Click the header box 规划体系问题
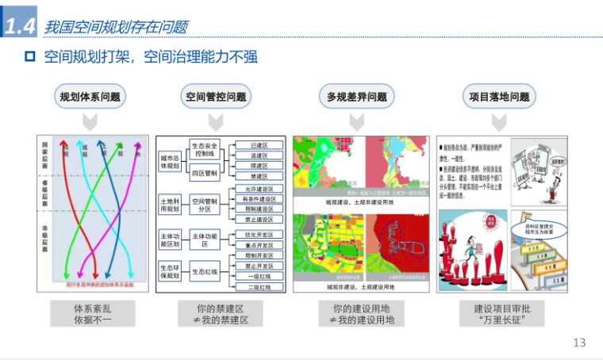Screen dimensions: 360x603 [x=90, y=98]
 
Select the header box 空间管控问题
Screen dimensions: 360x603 [x=216, y=98]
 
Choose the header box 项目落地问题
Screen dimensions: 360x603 [x=497, y=98]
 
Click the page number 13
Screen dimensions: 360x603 [x=578, y=343]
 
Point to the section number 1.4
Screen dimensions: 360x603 [x=20, y=26]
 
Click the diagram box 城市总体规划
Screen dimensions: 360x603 [x=170, y=162]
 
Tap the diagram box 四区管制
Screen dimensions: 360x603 [x=204, y=172]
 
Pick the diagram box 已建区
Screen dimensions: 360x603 [x=259, y=146]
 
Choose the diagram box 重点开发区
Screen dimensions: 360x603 [x=259, y=245]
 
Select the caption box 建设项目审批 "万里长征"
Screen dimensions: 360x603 [x=499, y=313]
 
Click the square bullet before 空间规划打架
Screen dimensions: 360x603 [x=30, y=57]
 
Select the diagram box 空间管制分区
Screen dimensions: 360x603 [x=204, y=206]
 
